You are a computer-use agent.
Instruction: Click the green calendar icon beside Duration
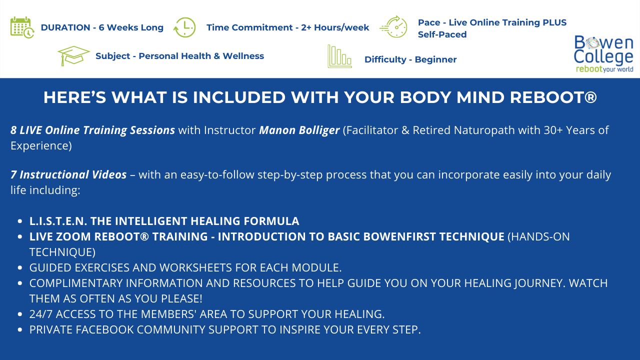point(22,27)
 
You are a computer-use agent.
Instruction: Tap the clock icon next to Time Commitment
point(184,27)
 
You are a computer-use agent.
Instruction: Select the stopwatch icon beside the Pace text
point(393,27)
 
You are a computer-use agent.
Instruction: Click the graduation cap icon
point(73,55)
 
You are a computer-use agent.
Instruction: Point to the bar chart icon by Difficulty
point(339,56)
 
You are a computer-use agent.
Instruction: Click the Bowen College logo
point(603,54)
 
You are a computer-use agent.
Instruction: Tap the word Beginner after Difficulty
point(435,59)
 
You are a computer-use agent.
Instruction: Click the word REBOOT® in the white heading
point(553,97)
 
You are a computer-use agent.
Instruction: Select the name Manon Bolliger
point(299,130)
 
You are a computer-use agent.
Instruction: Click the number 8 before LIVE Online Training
point(13,130)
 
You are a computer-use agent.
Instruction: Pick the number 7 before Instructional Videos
point(13,174)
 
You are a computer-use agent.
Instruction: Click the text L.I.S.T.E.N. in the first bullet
point(58,221)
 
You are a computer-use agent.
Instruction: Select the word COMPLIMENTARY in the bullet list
point(76,283)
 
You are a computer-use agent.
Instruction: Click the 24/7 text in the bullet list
point(41,314)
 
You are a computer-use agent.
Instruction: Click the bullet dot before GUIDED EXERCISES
point(19,267)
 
